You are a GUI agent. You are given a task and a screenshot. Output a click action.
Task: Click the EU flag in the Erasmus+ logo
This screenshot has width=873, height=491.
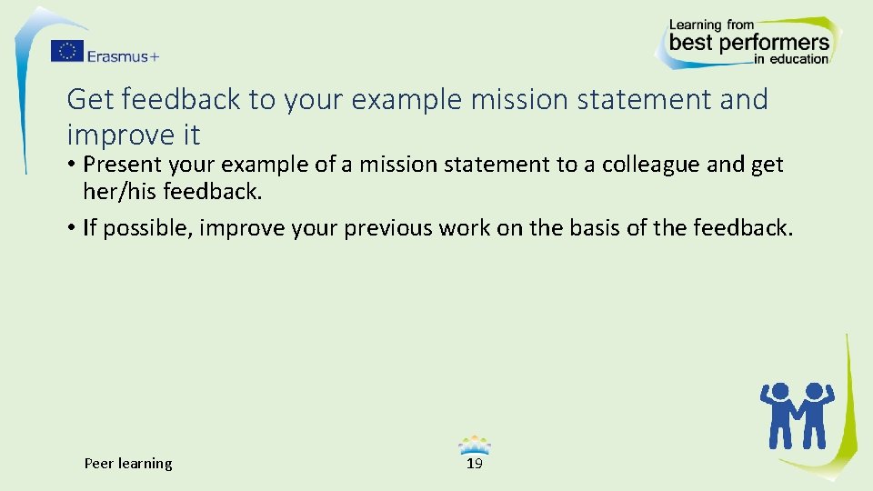click(x=66, y=51)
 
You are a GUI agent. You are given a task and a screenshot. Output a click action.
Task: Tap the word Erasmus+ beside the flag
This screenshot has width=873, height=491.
click(x=124, y=55)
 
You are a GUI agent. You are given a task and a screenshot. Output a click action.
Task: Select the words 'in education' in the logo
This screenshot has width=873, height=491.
click(x=791, y=59)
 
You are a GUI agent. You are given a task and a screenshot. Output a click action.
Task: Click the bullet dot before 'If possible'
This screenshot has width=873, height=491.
click(x=71, y=227)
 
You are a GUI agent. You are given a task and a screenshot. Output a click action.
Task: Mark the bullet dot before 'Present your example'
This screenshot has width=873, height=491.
click(x=71, y=165)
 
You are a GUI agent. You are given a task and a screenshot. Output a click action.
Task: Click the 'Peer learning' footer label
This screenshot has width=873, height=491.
click(x=128, y=464)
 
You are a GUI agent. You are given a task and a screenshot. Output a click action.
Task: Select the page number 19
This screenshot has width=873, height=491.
click(x=474, y=464)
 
